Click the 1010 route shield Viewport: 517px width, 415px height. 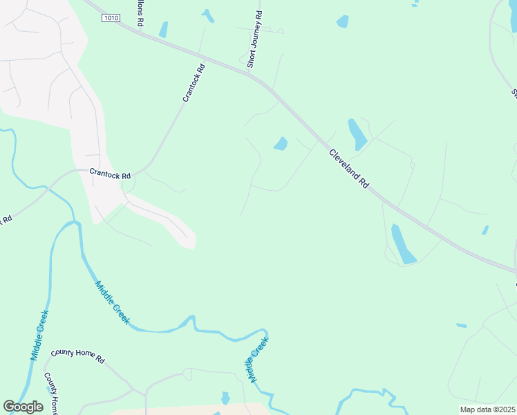pos(110,18)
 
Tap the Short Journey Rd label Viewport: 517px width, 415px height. pos(254,39)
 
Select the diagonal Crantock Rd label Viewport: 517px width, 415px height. pos(194,84)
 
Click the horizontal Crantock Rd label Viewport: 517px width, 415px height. pos(109,176)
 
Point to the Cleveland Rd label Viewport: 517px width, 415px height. pos(348,169)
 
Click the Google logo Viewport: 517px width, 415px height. pos(23,407)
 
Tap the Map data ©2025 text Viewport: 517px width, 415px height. pos(487,409)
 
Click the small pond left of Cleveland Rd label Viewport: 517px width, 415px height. pos(281,144)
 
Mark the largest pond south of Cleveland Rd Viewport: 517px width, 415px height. pos(403,243)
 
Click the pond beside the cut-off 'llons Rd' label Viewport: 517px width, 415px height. pos(164,30)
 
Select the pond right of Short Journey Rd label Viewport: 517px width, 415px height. pos(342,22)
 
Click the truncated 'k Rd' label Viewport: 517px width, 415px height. pos(6,219)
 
